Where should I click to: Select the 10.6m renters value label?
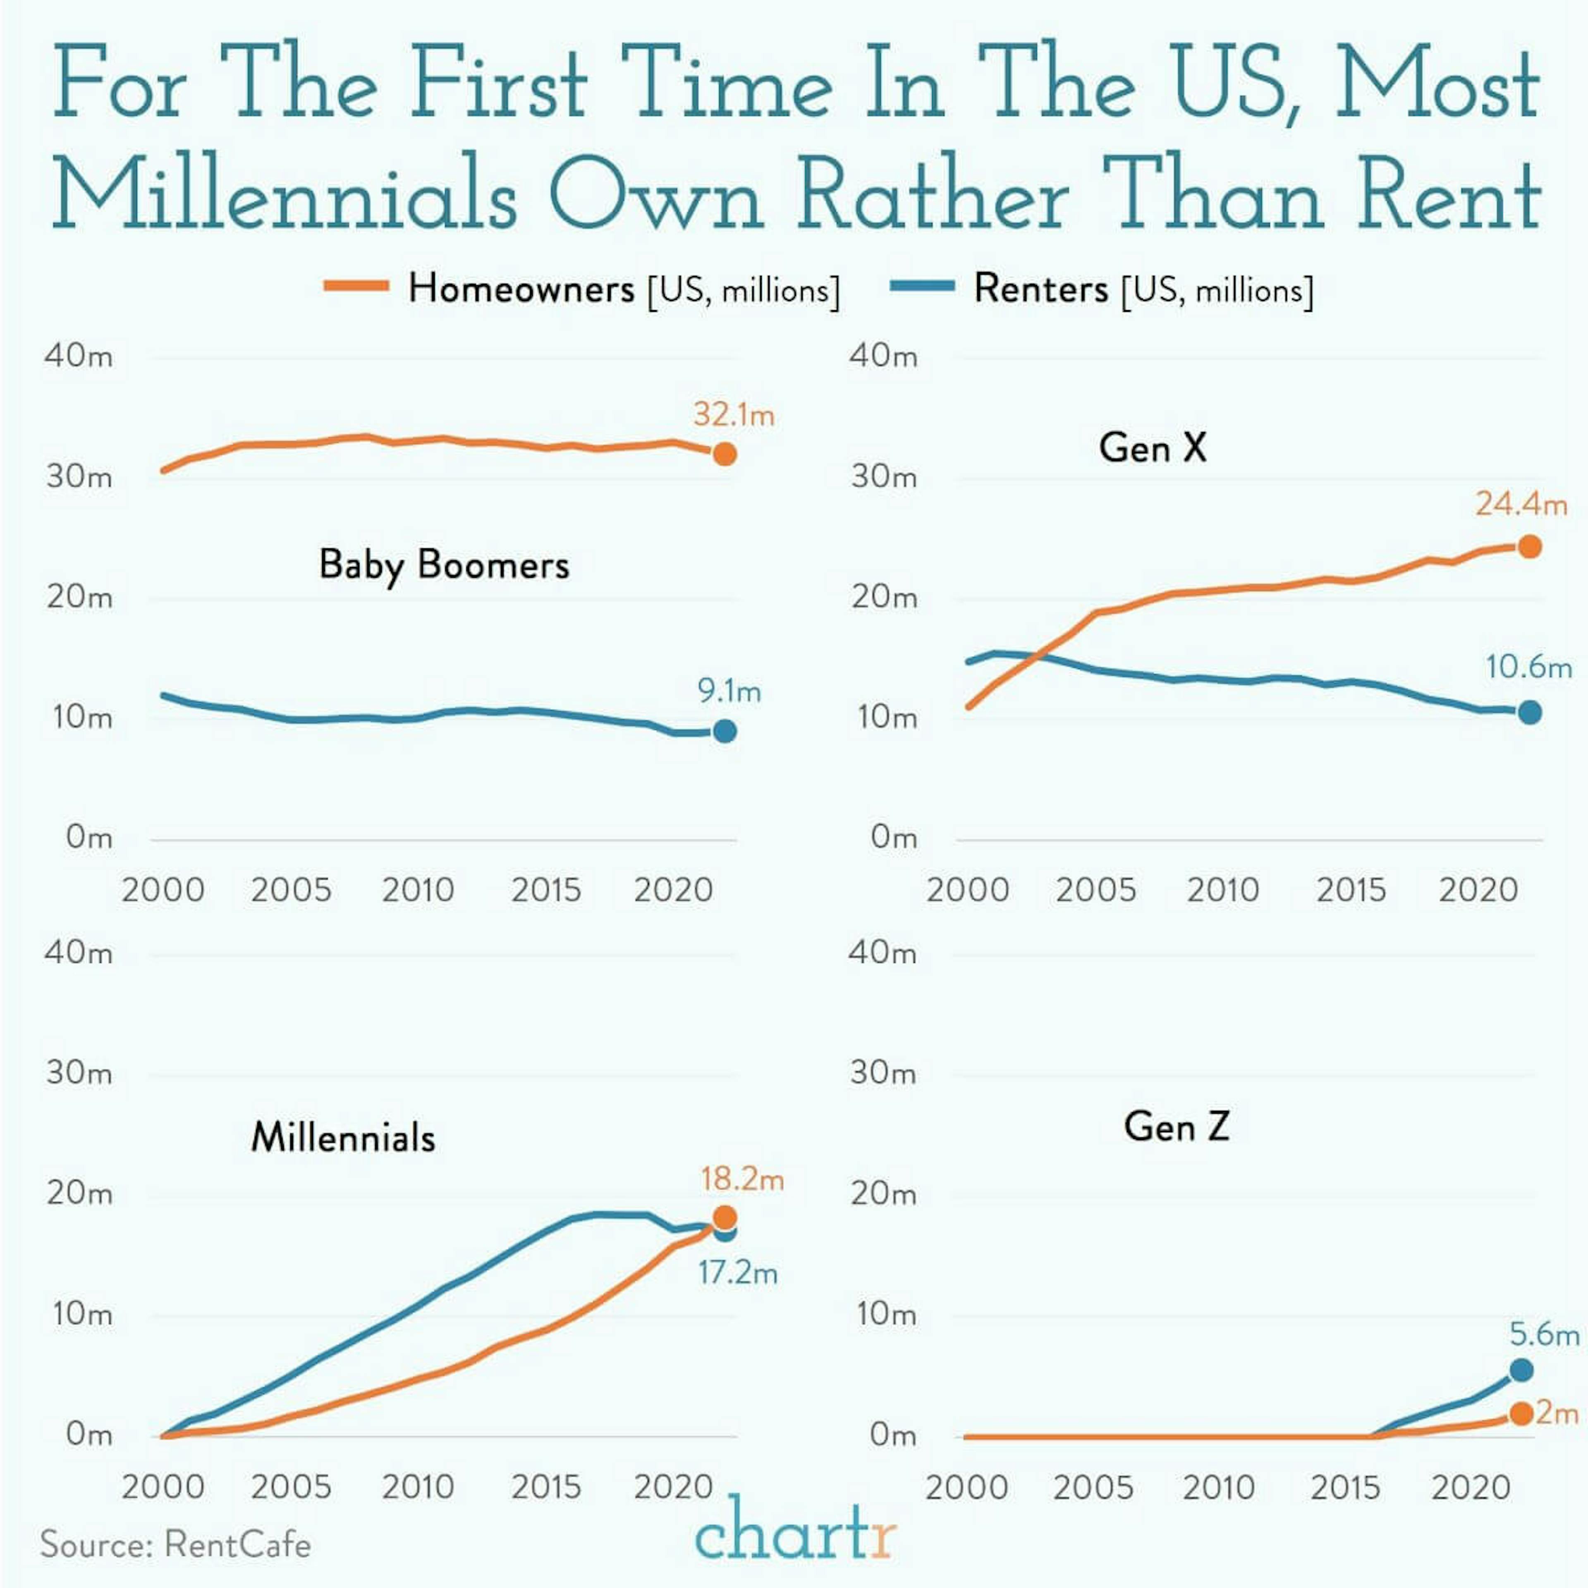(1528, 667)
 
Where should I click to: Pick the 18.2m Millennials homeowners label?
(741, 1179)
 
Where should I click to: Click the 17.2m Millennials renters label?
(737, 1273)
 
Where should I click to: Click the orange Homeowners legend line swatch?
(356, 286)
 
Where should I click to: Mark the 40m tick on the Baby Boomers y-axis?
(78, 356)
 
